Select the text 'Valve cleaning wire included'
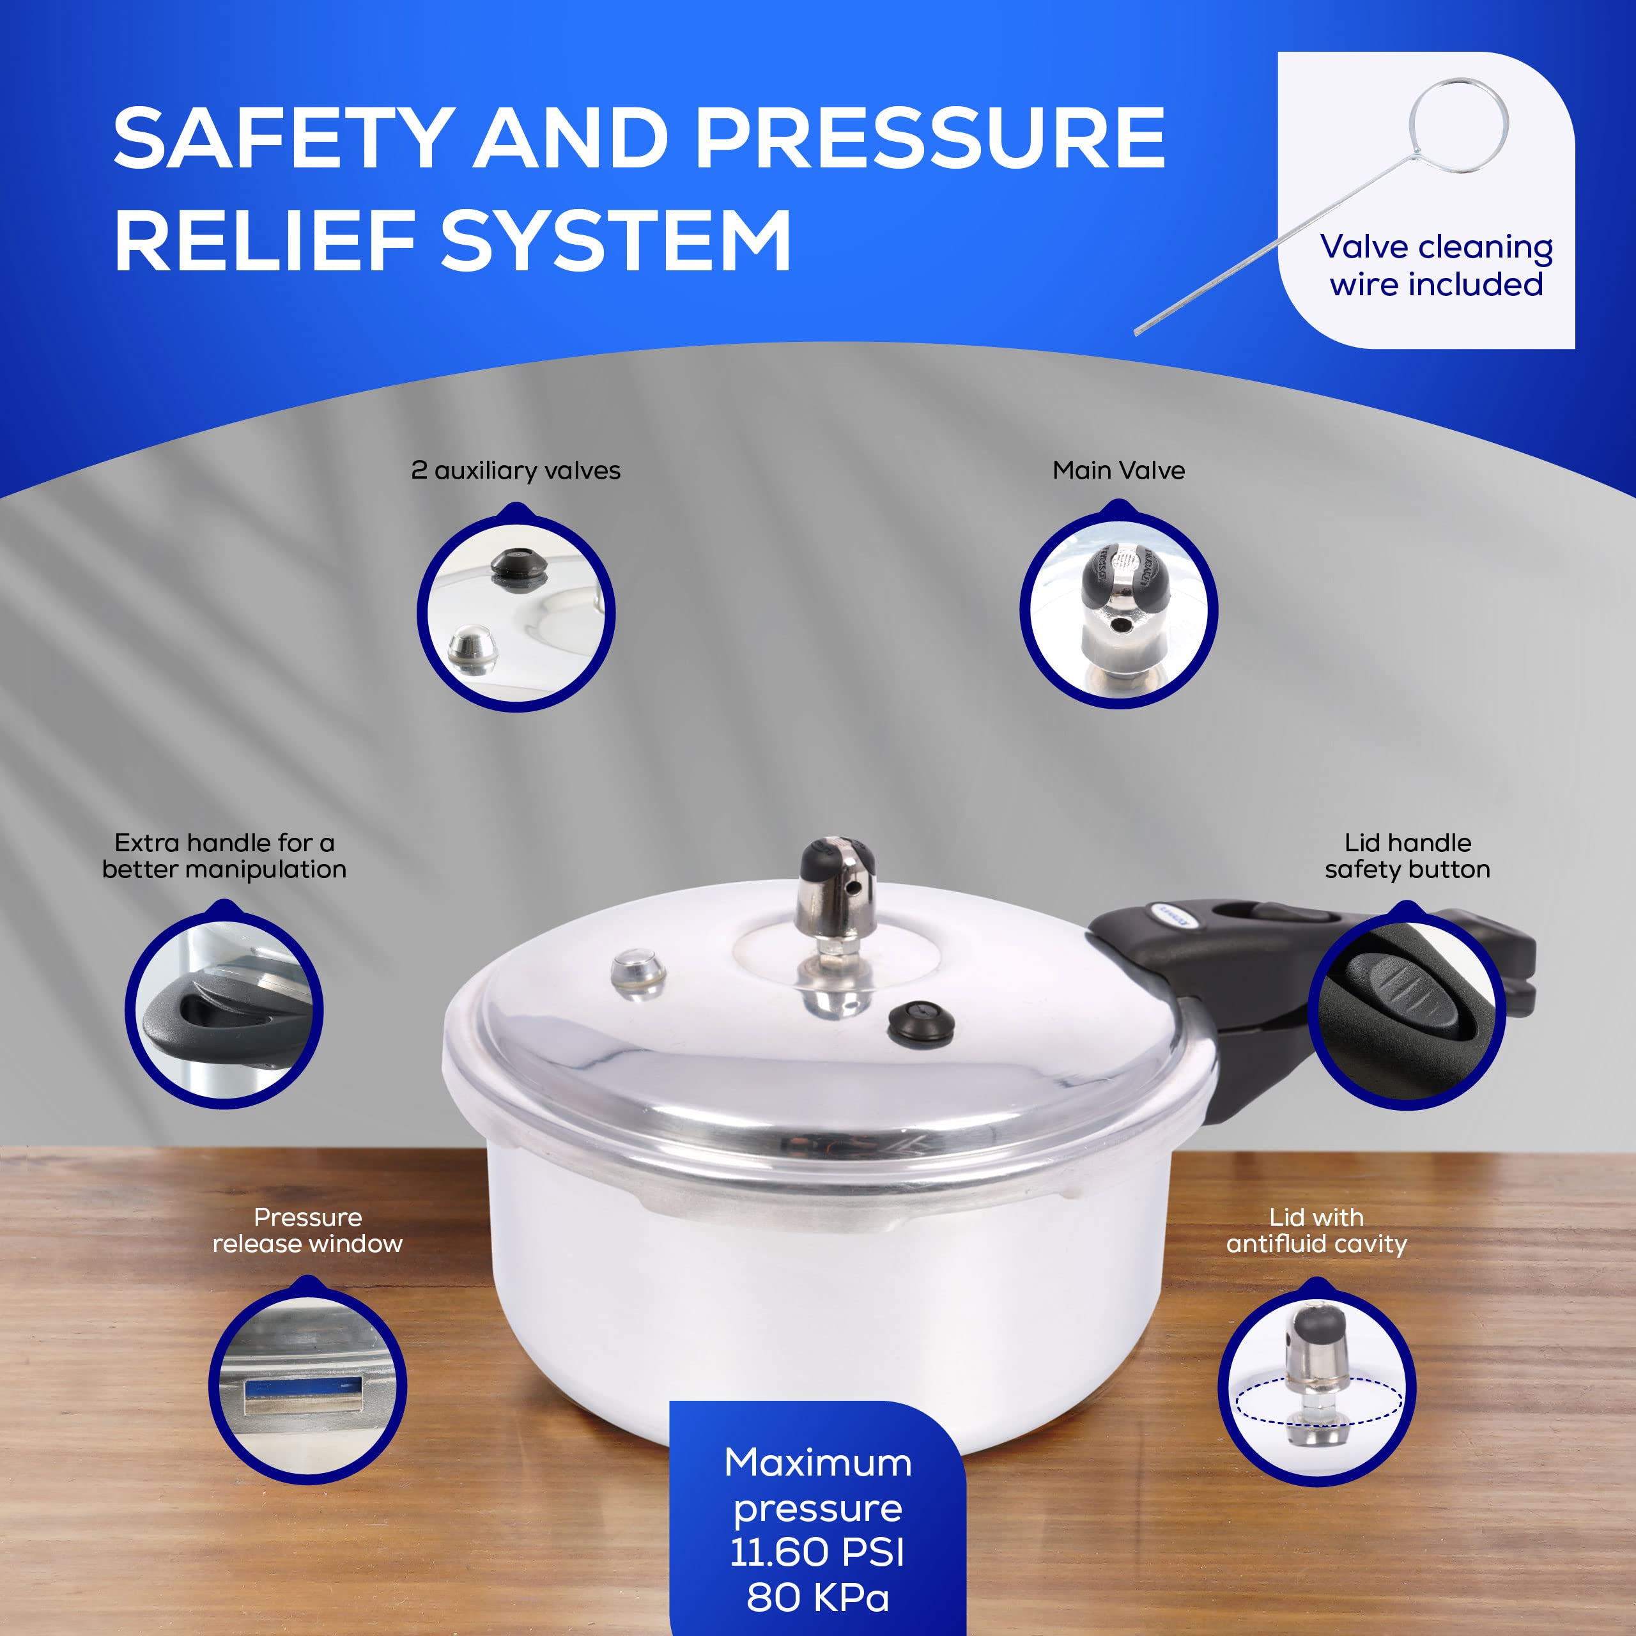(1436, 266)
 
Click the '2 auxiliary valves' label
(516, 471)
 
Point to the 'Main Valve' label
(1118, 471)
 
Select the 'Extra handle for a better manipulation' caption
(224, 856)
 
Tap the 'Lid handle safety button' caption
(1407, 856)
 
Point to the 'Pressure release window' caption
(307, 1230)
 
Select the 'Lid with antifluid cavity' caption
(1316, 1230)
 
